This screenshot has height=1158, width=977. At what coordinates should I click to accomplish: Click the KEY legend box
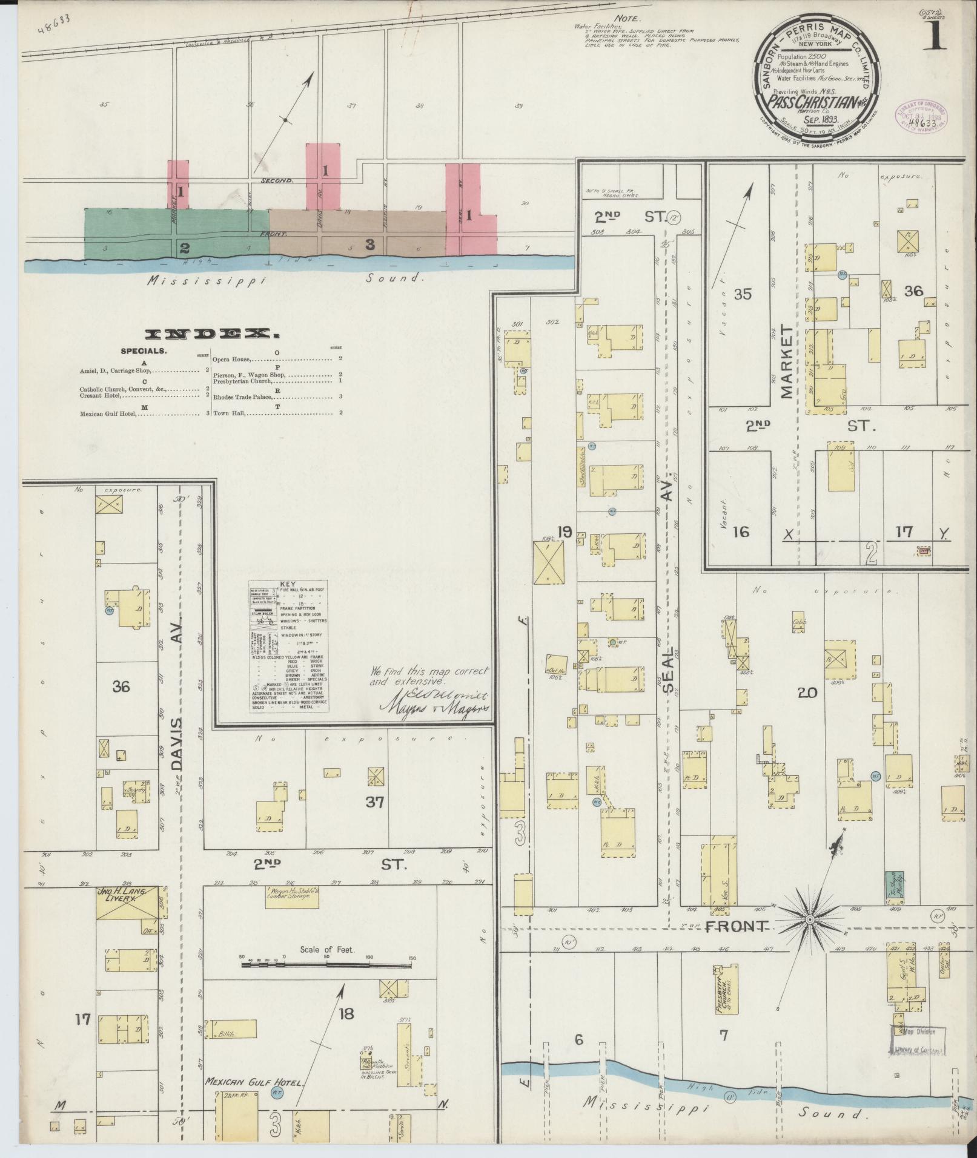click(290, 646)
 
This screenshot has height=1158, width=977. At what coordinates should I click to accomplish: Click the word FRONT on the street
click(737, 943)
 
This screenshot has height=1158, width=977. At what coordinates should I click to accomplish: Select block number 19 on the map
click(565, 532)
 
